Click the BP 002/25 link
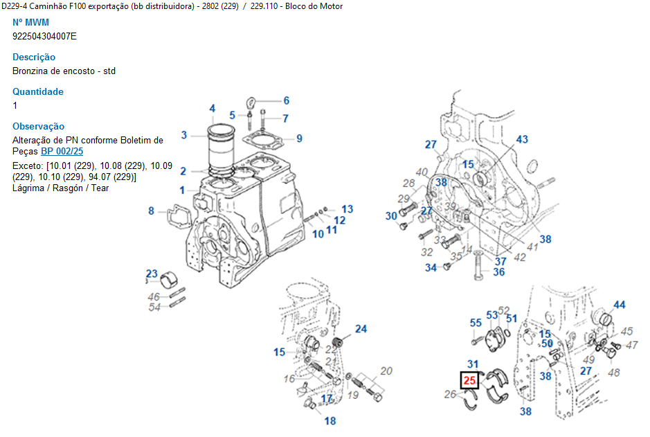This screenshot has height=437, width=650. (62, 151)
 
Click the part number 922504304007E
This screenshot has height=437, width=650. (44, 36)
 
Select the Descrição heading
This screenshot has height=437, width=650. (34, 57)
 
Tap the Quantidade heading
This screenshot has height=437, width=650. (38, 91)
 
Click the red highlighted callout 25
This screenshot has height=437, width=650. (469, 380)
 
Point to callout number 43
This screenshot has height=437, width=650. (521, 139)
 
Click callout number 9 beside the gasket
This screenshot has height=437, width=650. (299, 139)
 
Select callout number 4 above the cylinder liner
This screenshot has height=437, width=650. (213, 109)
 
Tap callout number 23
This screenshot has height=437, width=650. (152, 273)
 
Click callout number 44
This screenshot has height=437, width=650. (619, 305)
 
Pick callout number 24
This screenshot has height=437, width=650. (361, 328)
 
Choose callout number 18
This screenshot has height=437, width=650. (330, 420)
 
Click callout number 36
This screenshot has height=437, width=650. (498, 272)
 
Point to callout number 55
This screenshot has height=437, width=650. (476, 323)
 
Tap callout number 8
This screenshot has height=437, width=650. (151, 211)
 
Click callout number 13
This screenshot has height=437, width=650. (347, 208)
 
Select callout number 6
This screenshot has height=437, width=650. (286, 100)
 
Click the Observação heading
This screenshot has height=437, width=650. (39, 126)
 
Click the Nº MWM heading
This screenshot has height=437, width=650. (31, 22)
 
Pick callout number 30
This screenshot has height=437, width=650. (391, 216)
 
